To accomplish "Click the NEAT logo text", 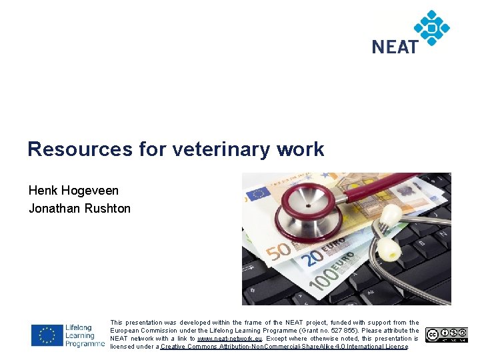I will point(395,47).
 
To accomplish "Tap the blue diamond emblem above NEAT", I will point(431,27).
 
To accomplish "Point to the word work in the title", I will point(301,149).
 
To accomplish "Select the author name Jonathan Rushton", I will point(79,209).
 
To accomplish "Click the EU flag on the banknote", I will point(258,193).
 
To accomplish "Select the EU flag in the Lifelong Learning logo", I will point(47,335).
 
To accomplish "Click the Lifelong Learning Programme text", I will point(84,335).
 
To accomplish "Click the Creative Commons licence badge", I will point(447,335).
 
